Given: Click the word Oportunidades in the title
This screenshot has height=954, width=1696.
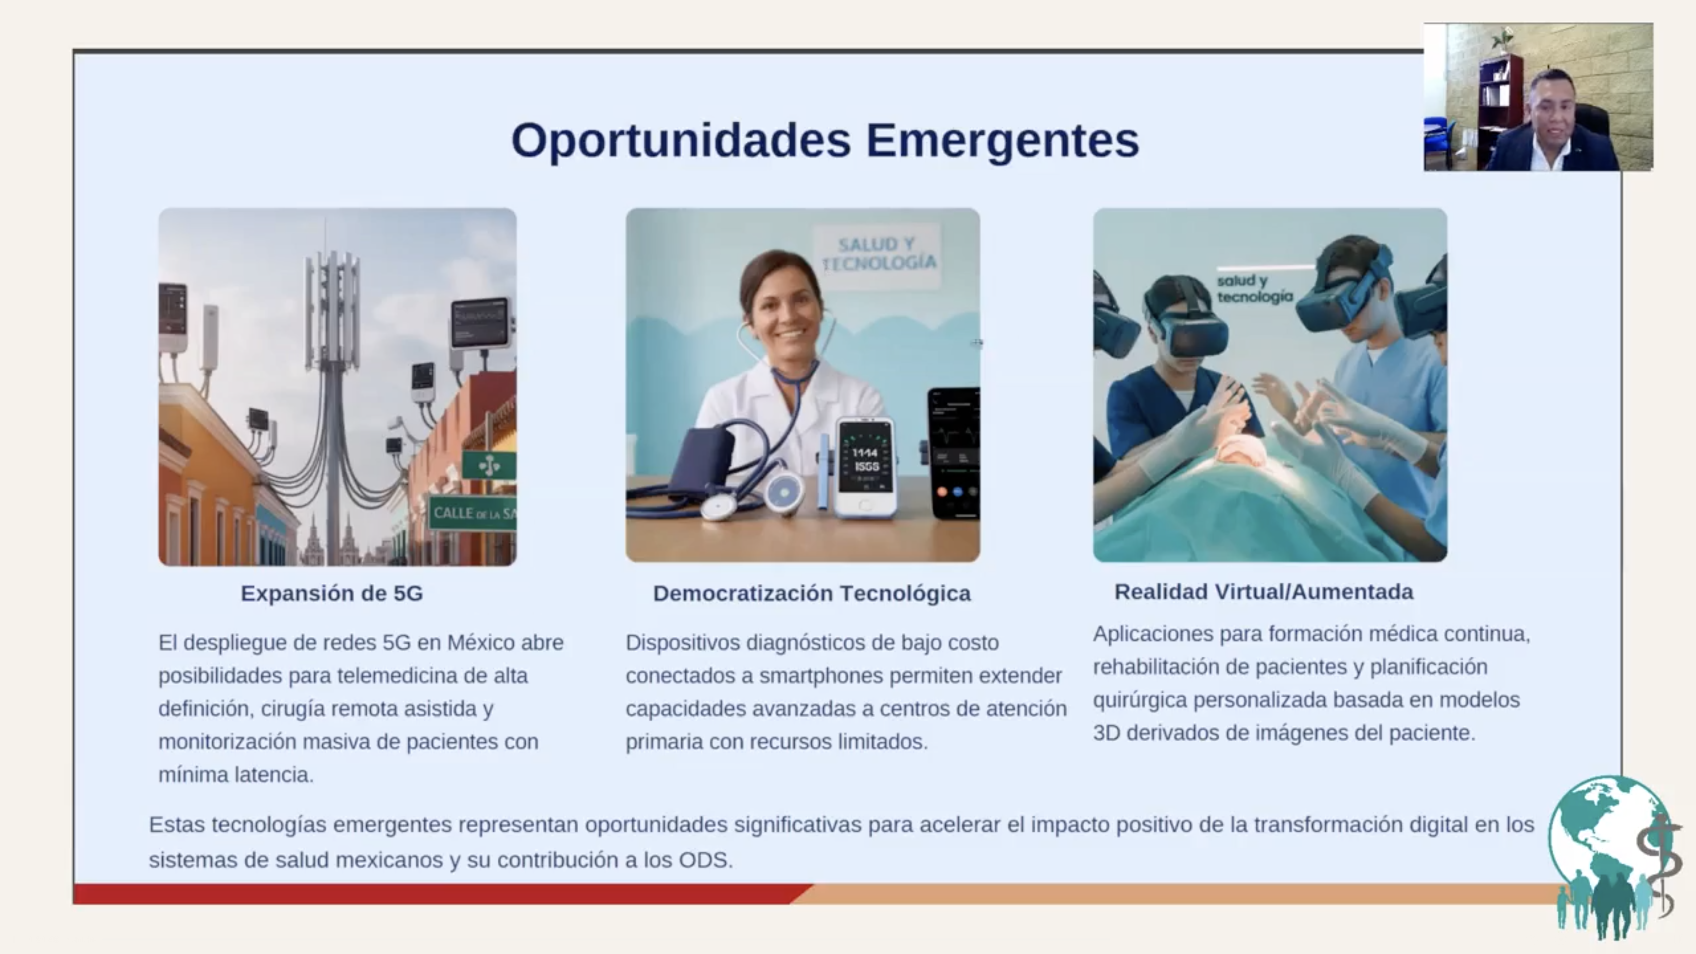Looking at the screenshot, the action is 681,141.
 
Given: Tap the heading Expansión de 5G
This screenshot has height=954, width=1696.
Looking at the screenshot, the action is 332,593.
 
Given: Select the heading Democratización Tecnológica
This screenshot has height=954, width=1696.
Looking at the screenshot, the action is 812,593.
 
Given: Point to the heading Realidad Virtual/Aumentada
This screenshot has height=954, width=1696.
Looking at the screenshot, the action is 1263,592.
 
